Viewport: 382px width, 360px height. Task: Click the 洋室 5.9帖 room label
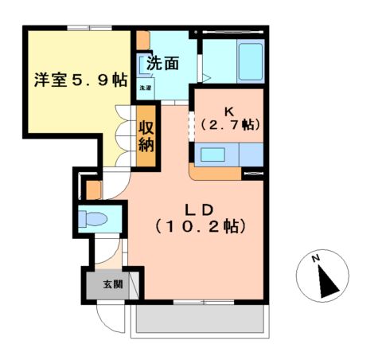coord(80,80)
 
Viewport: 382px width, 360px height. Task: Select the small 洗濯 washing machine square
coord(146,88)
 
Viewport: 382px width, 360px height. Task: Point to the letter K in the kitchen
coord(231,111)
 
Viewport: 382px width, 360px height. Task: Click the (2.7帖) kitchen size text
coord(231,125)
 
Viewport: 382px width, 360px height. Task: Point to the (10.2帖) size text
coord(199,227)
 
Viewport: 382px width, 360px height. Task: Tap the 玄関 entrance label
coord(112,284)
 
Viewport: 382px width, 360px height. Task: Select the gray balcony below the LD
coord(199,321)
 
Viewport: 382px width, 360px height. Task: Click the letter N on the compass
coord(316,260)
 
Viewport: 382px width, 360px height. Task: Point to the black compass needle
coord(325,280)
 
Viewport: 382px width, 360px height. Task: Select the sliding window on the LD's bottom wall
coord(202,302)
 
